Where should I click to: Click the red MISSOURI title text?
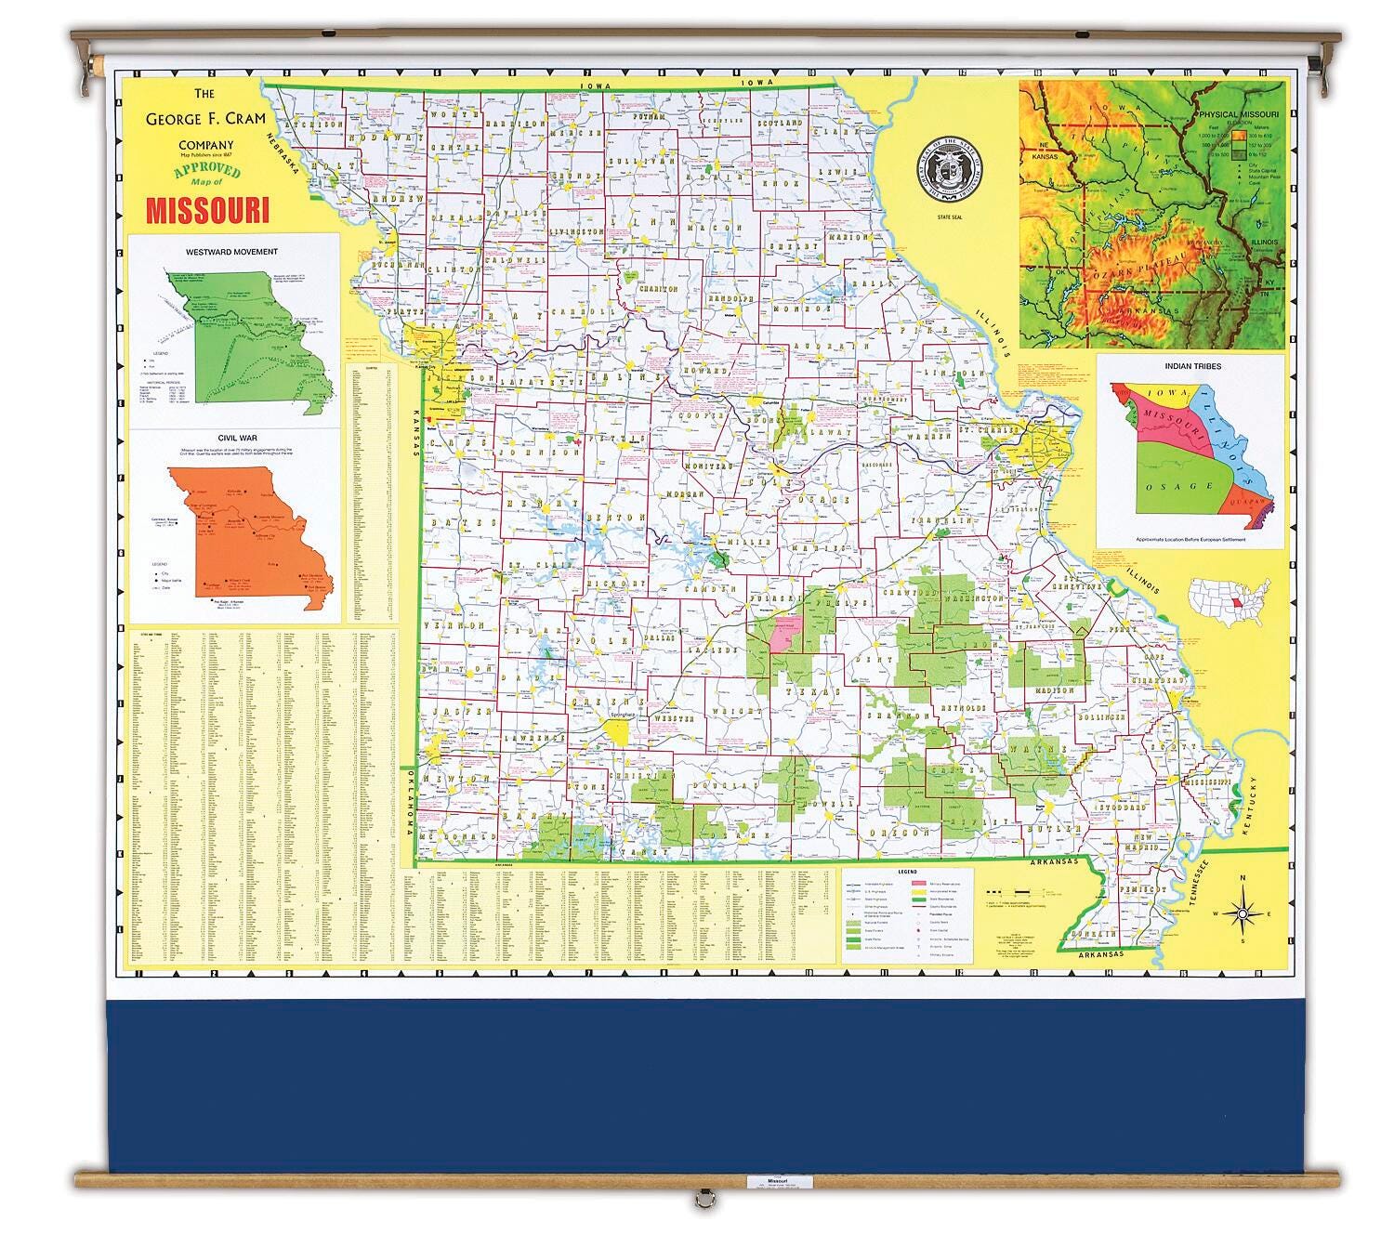[207, 209]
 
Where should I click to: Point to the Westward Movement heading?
[231, 252]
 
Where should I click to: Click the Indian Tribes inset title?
[1192, 366]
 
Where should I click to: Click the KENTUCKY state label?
[1262, 809]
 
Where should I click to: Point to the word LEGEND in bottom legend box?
[906, 873]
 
